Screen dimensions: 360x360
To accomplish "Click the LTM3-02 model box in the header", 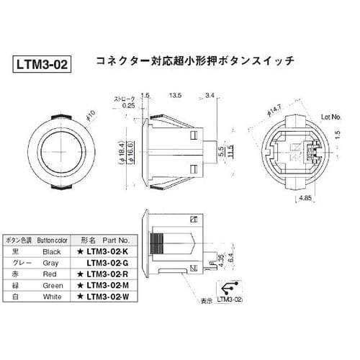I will (42, 65).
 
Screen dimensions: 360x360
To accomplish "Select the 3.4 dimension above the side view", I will (210, 94).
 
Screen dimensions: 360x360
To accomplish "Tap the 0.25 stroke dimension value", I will (129, 105).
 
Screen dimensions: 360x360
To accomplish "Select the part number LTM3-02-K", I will (107, 252).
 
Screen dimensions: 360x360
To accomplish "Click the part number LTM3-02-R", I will (107, 274).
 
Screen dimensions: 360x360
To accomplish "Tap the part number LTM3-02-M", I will (107, 286).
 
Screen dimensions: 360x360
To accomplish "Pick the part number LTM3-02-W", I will (107, 297).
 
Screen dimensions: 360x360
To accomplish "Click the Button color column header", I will (52, 240).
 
